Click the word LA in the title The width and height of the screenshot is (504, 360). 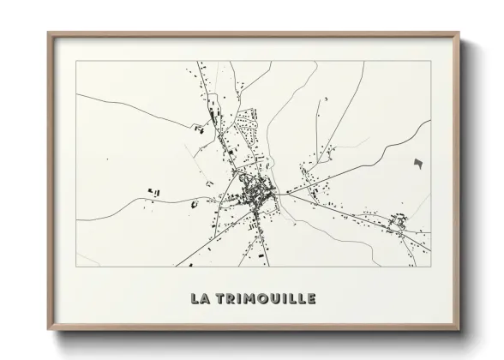point(199,298)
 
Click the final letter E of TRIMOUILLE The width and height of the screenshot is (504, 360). point(311,298)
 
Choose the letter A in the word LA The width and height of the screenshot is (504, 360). point(204,298)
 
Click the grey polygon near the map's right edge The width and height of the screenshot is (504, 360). point(418,163)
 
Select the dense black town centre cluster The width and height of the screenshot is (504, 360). point(255,192)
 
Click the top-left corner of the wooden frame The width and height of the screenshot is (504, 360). point(49,33)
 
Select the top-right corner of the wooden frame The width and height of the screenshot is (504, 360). point(459,33)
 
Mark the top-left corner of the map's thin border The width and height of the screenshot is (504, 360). point(76,61)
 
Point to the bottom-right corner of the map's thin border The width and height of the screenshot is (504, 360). point(431,267)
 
